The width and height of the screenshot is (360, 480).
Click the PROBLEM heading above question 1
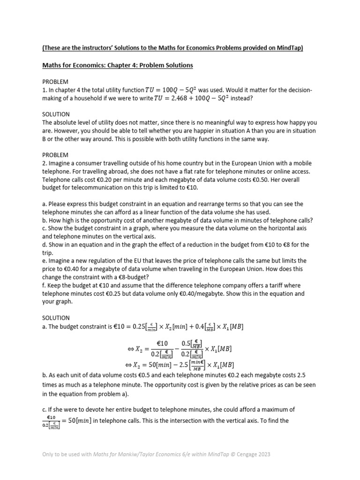(x=55, y=82)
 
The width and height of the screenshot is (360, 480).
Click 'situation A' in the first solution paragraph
(x=256, y=131)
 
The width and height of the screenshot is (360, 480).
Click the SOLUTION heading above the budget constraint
(x=56, y=318)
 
